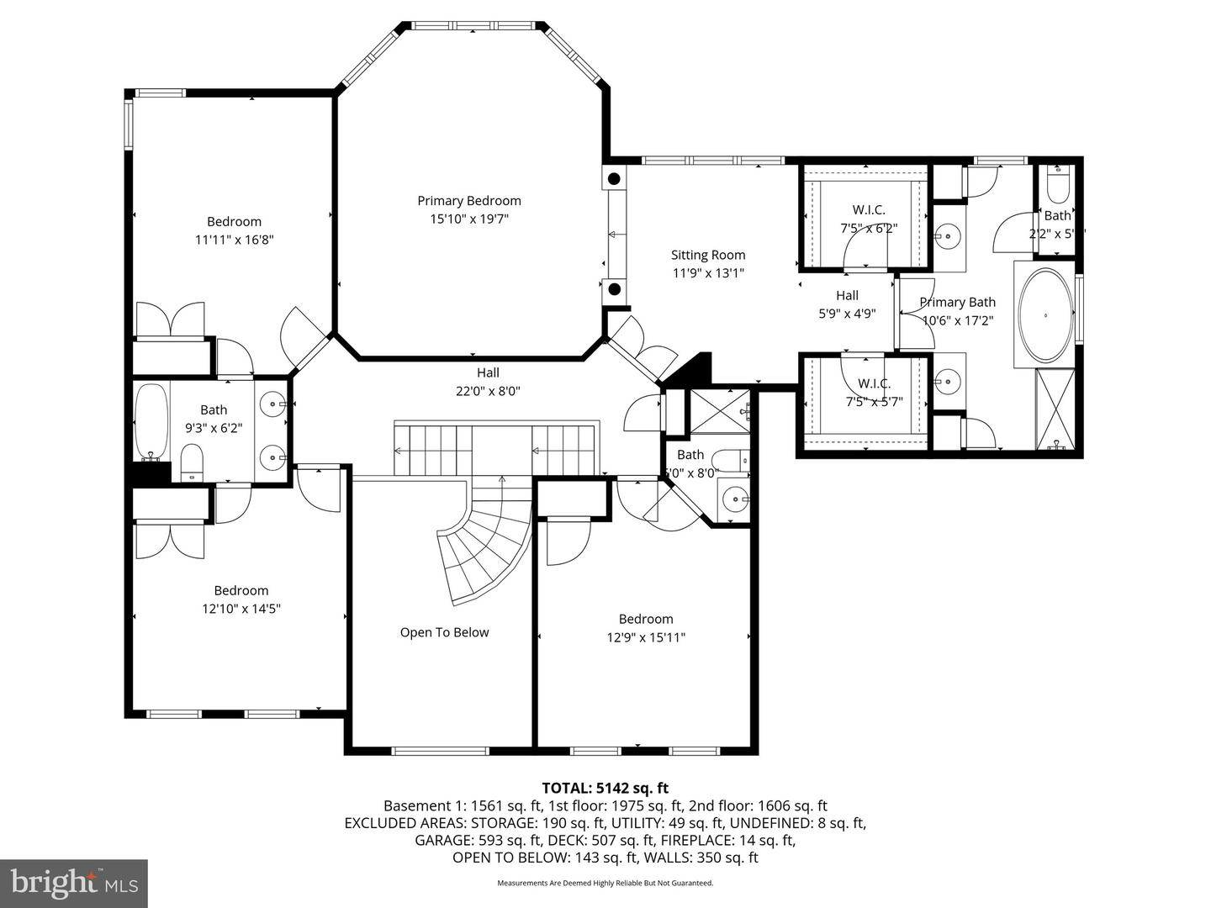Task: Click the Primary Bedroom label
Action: pyautogui.click(x=469, y=201)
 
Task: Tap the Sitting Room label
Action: pyautogui.click(x=708, y=256)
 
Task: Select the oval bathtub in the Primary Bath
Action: pyautogui.click(x=1045, y=315)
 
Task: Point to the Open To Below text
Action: pyautogui.click(x=444, y=633)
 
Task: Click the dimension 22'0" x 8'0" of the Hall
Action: pyautogui.click(x=488, y=391)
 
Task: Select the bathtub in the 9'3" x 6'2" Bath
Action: pyautogui.click(x=152, y=423)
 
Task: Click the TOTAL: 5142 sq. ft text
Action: pyautogui.click(x=605, y=788)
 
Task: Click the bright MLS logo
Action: pyautogui.click(x=74, y=883)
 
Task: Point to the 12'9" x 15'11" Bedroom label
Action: pyautogui.click(x=646, y=620)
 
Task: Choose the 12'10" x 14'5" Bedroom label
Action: pyautogui.click(x=241, y=591)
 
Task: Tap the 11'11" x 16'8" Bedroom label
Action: pyautogui.click(x=234, y=222)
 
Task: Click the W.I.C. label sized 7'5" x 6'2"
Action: pyautogui.click(x=869, y=210)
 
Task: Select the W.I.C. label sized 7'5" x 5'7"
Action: pyautogui.click(x=874, y=384)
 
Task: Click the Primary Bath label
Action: pyautogui.click(x=957, y=303)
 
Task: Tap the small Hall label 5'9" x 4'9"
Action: pyautogui.click(x=847, y=296)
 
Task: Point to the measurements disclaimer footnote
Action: pyautogui.click(x=605, y=883)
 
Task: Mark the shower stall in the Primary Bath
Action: pyautogui.click(x=1055, y=409)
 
